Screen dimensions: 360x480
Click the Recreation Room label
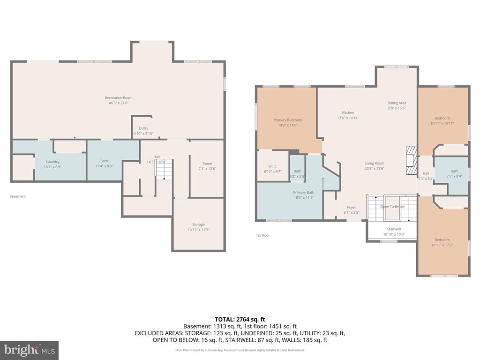118,98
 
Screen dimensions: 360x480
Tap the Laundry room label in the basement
52,162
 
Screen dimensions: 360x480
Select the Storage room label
198,225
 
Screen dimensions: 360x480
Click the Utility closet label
143,128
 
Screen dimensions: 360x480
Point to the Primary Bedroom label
287,120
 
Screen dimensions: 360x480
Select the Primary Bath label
304,193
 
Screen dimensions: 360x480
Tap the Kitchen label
348,112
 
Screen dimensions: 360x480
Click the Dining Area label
397,103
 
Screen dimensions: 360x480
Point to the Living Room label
375,163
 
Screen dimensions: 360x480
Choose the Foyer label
352,207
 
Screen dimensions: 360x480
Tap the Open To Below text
392,207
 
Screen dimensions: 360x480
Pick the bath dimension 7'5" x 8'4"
454,176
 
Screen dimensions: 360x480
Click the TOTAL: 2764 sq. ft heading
240,319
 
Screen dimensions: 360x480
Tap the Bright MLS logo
29,350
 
